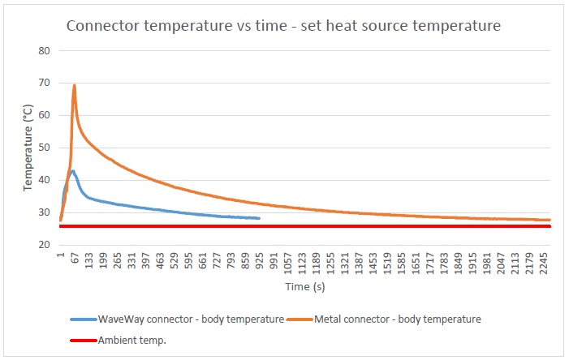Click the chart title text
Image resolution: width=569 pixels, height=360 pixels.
click(283, 25)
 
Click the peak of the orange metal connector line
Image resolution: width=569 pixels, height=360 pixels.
click(74, 85)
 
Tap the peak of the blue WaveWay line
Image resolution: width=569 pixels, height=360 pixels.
click(73, 171)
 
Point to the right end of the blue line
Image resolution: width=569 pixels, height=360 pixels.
click(259, 218)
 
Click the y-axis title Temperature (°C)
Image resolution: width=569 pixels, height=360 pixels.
click(28, 148)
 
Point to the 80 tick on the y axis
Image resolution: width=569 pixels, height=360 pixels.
click(45, 50)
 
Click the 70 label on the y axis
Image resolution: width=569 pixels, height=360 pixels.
click(45, 83)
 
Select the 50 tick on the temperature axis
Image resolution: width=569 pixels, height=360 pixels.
click(45, 148)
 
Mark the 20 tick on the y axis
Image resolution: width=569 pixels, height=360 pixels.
click(45, 245)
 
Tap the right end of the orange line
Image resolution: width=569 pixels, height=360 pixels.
click(550, 220)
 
